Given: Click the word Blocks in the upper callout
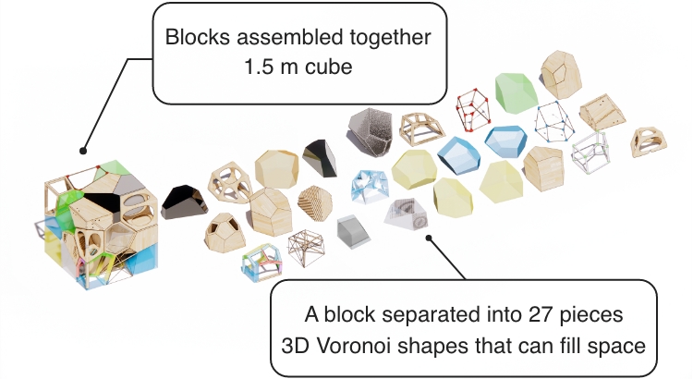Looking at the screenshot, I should [x=194, y=40].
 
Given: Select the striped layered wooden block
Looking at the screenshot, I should [x=316, y=203].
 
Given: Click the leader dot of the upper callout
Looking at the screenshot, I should [x=84, y=149].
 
